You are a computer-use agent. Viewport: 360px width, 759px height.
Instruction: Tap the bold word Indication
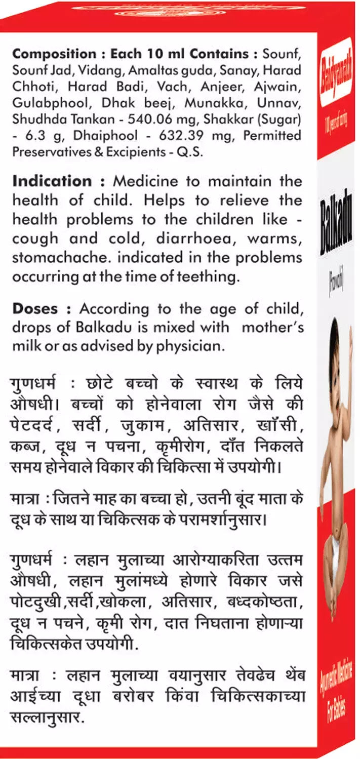coord(51,181)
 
